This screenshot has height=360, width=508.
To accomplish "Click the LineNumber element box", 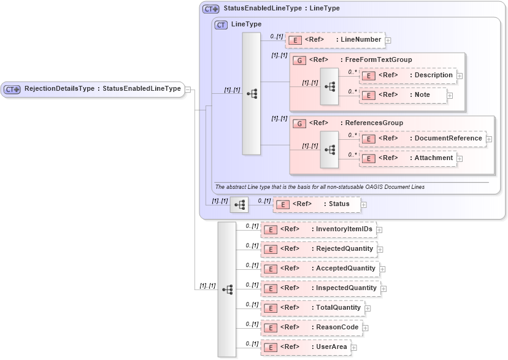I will tap(335, 40).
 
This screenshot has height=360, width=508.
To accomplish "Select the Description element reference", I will tap(407, 75).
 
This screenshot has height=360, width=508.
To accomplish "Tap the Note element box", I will tap(402, 95).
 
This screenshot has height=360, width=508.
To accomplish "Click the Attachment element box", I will tap(407, 158).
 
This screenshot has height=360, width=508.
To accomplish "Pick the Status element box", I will tap(316, 204).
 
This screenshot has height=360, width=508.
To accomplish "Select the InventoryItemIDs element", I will tap(318, 229).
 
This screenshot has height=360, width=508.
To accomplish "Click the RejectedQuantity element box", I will tap(318, 249).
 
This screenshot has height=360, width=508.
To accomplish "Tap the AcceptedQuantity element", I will tap(320, 269).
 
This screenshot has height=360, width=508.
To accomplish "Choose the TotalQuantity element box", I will tap(312, 308).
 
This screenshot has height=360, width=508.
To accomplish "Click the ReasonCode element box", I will tap(311, 327).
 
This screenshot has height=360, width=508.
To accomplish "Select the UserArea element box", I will tap(306, 347).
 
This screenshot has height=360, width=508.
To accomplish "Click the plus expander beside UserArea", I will tap(354, 348).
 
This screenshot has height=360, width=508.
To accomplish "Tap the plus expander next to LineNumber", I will tap(388, 40).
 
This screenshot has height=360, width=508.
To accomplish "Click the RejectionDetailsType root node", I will tap(93, 89).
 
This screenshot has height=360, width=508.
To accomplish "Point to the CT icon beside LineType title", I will tap(221, 25).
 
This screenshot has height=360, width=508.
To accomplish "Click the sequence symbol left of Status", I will tap(239, 204).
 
